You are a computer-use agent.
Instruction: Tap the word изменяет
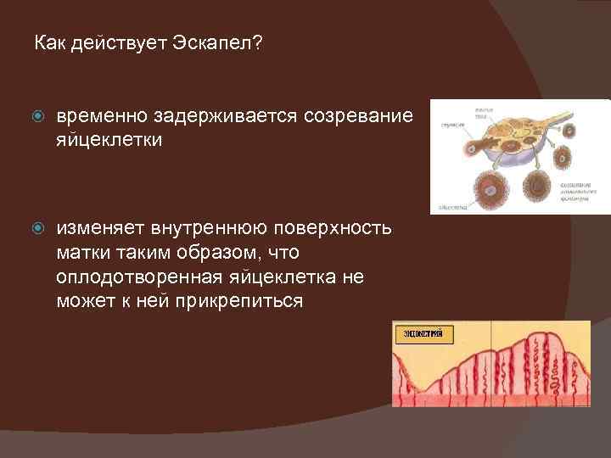click(101, 229)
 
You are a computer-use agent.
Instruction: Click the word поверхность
click(338, 229)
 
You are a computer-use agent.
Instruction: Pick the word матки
click(81, 254)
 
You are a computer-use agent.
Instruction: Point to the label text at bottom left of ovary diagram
click(448, 205)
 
